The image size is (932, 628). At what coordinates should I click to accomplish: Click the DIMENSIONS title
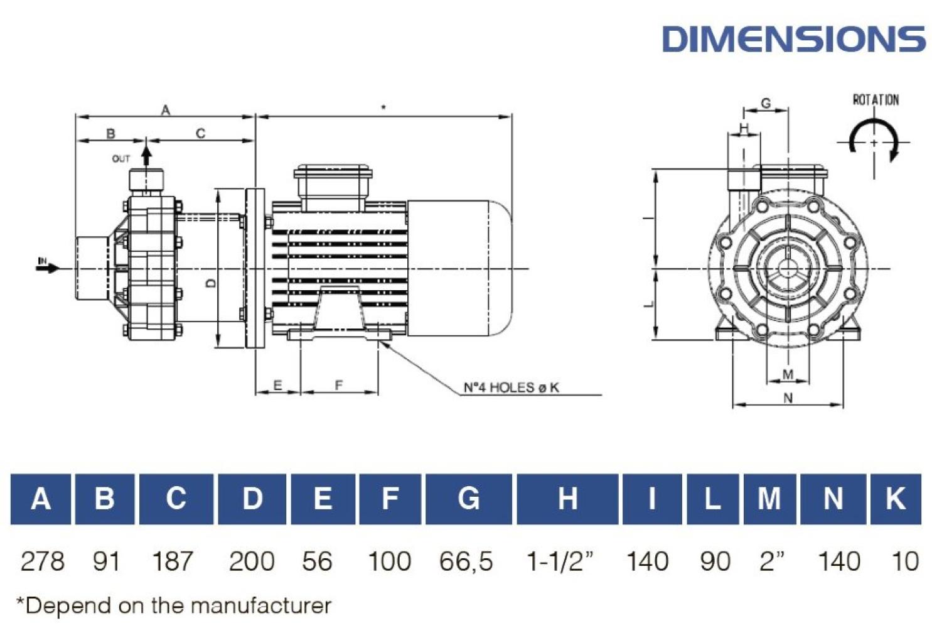(793, 39)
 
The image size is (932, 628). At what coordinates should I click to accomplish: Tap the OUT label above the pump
(121, 159)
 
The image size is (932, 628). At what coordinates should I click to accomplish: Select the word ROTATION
(876, 100)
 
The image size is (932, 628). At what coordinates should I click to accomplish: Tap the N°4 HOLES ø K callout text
(512, 387)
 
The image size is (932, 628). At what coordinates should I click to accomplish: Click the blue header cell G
(468, 499)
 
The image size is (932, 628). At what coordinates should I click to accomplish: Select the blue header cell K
(896, 499)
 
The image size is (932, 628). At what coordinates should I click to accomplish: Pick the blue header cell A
(40, 499)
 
